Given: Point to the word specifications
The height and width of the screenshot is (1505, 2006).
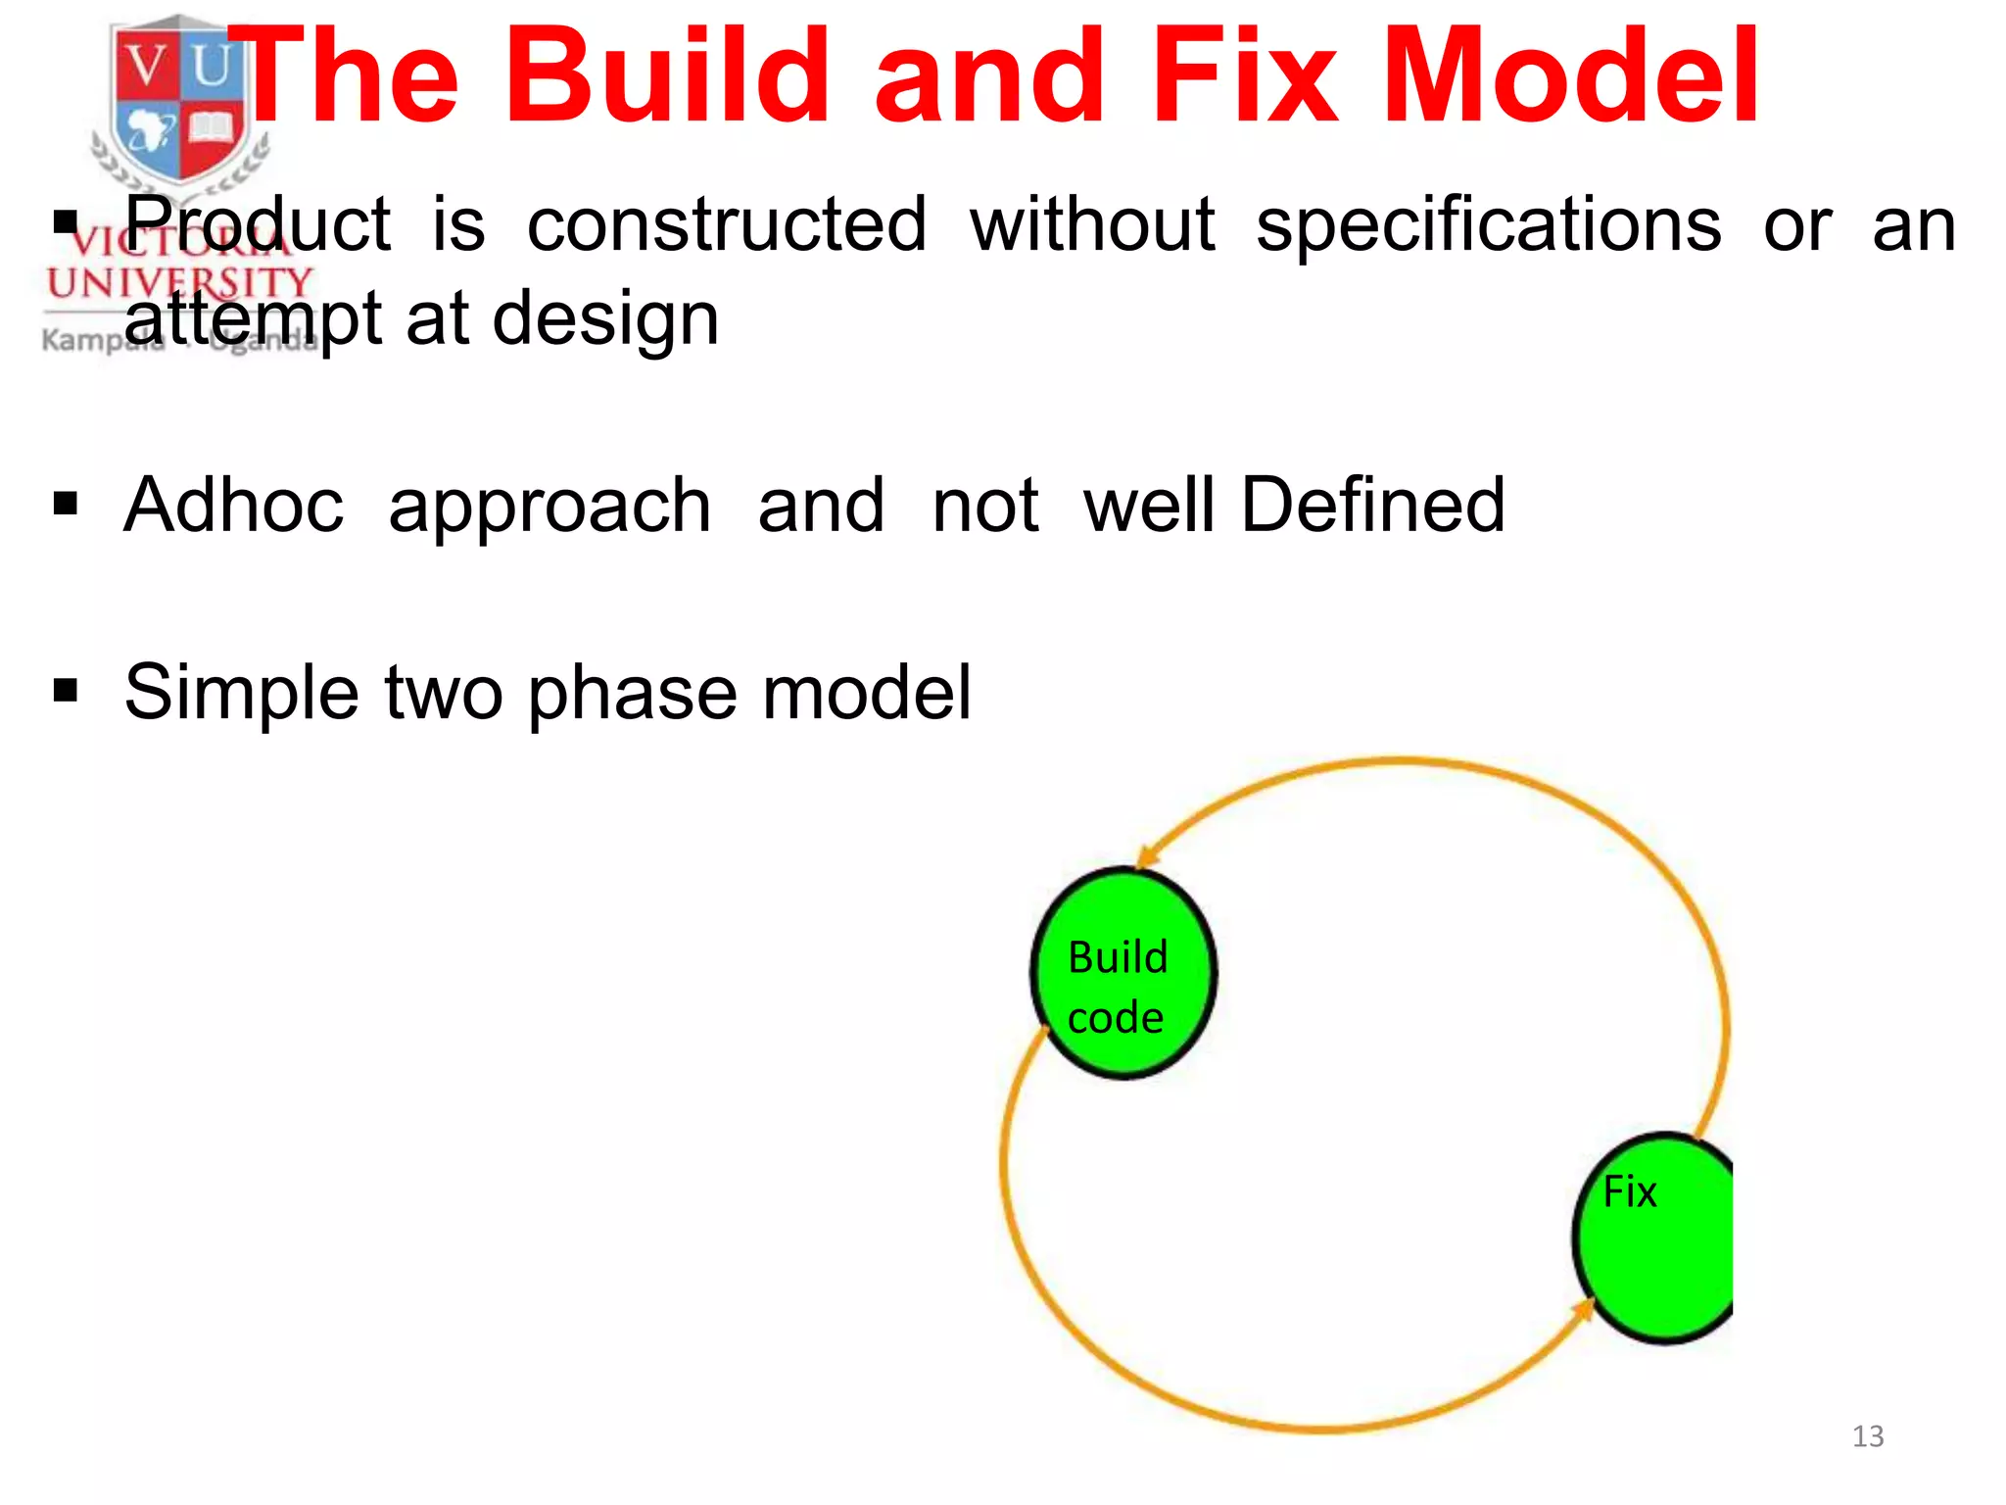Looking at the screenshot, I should [x=1488, y=225].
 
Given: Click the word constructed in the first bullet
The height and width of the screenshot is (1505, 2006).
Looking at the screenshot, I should [x=727, y=225].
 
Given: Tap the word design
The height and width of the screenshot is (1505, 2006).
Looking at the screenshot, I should [x=605, y=319].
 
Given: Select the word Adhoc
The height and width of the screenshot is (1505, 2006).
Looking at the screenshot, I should [x=234, y=505].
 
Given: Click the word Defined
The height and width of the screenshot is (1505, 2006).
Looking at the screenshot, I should [x=1372, y=505].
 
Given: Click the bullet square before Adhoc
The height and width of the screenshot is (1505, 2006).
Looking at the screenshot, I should [x=66, y=505].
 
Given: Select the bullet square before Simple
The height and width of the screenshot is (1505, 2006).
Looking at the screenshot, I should [x=66, y=691].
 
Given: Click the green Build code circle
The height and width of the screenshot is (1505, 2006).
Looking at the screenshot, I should [x=1122, y=973].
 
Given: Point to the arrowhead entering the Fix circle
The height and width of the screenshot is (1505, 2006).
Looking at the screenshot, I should [x=1583, y=1309].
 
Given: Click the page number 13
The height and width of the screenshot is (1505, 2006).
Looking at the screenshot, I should [x=1867, y=1436].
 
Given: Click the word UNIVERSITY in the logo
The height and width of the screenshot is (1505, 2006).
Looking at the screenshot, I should [x=179, y=283].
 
